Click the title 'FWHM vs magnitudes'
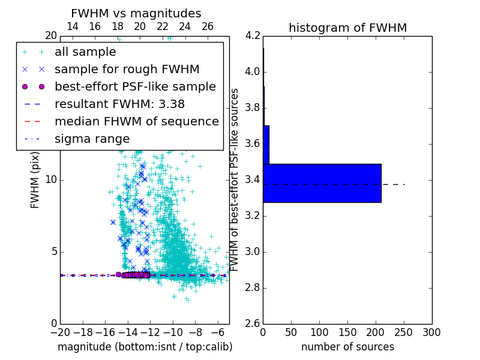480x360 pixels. point(136,13)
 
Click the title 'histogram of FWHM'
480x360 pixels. point(347,28)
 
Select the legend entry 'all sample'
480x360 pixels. point(85,52)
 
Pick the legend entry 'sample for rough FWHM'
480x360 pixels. point(127,70)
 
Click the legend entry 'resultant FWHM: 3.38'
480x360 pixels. point(119,104)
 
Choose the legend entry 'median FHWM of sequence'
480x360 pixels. point(137,122)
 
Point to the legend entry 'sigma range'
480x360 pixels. point(92,139)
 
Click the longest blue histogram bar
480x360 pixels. point(322,183)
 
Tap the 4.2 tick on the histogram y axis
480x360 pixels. point(252,35)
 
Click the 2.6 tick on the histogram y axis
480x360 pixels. point(252,323)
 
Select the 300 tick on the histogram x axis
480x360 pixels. point(431,332)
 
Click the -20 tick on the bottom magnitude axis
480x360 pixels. point(60,332)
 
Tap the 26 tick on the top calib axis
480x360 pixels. point(208,26)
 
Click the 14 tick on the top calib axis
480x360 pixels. point(73,26)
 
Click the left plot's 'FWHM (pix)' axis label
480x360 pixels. point(35,179)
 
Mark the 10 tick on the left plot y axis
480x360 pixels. point(51,179)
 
